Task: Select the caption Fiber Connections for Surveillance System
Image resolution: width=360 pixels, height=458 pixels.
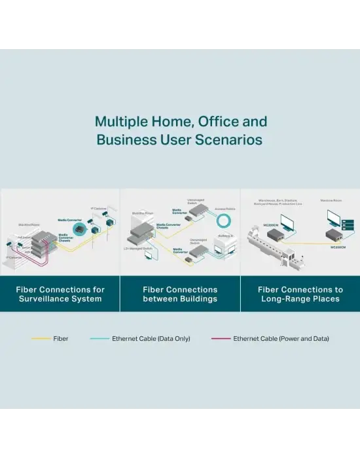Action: coord(60,294)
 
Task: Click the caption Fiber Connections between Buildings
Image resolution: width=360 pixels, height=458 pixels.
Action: coord(180,294)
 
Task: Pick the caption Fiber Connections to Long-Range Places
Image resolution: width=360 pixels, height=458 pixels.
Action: coord(300,294)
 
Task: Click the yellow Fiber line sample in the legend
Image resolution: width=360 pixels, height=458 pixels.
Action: coord(41,339)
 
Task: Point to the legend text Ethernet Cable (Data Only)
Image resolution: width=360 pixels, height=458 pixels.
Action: coord(147,339)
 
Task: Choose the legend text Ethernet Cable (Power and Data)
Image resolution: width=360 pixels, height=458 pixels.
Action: coord(281,339)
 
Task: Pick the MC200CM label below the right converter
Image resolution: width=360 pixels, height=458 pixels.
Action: coord(338,247)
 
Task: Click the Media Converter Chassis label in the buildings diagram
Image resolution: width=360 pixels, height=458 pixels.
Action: coord(168,226)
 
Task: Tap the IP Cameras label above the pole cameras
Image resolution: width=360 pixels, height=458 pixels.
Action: coord(100,209)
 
